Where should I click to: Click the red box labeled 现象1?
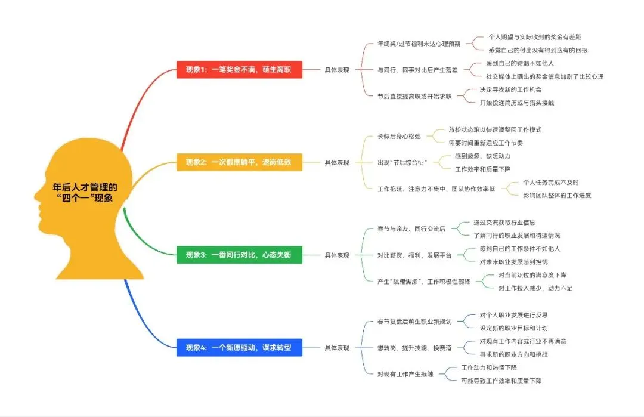[x=239, y=69]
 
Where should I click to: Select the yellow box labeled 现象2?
[x=239, y=162]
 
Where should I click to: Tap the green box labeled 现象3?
[x=239, y=255]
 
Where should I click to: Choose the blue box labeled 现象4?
[x=239, y=347]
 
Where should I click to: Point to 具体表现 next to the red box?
[x=337, y=70]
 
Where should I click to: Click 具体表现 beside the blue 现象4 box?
[x=337, y=348]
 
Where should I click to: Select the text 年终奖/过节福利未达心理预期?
[x=419, y=44]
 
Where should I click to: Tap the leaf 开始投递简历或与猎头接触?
[x=517, y=103]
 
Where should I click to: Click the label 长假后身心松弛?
[x=399, y=136]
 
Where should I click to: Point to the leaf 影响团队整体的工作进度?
[x=557, y=195]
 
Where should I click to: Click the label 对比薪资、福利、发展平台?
[x=414, y=255]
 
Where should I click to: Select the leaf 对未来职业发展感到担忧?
[x=513, y=261]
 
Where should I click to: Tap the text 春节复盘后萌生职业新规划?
[x=414, y=322]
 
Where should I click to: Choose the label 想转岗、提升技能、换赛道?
[x=414, y=348]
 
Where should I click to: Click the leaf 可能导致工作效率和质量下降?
[x=501, y=381]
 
